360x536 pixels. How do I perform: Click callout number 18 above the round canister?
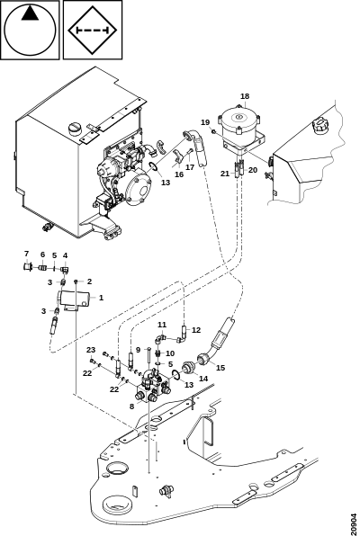245,96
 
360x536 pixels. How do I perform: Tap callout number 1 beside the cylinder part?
102,298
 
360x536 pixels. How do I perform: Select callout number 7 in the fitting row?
26,254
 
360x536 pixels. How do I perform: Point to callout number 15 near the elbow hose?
220,368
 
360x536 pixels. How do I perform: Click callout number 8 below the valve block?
131,406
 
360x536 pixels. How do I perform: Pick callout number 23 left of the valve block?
91,350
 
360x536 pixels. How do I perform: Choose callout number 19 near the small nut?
205,122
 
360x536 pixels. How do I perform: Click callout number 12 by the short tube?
196,330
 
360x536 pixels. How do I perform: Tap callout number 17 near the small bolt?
190,167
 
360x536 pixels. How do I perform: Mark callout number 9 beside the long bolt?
139,350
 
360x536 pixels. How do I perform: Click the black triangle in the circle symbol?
30,13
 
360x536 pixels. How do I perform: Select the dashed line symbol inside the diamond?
92,31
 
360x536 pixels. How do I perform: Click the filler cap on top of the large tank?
75,129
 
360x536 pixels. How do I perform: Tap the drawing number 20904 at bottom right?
354,523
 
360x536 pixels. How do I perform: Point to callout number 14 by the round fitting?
203,379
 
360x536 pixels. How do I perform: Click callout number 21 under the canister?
225,174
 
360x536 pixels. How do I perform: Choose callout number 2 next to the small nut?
89,281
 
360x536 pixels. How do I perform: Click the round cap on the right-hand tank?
319,124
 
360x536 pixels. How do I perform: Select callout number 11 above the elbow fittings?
162,325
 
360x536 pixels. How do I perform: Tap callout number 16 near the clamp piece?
179,174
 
